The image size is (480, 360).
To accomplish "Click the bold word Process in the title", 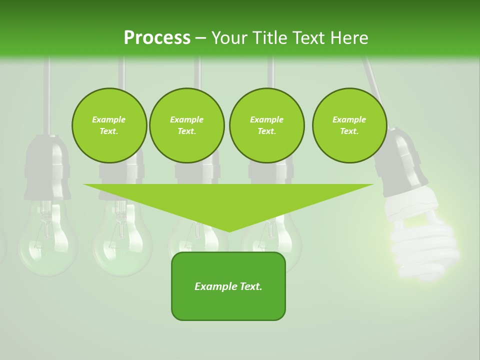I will (157, 37).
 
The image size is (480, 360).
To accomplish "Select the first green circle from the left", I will (109, 125).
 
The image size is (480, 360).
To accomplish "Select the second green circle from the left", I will (186, 125).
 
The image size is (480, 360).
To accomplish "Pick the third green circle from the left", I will (266, 125).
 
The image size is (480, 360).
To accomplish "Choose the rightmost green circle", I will (349, 125).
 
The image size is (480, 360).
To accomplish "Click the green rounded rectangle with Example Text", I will (228, 286).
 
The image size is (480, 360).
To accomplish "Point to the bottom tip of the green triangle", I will (228, 230).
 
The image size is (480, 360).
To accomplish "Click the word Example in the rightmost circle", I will (349, 119).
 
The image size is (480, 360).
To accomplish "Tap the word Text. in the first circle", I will (109, 131).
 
